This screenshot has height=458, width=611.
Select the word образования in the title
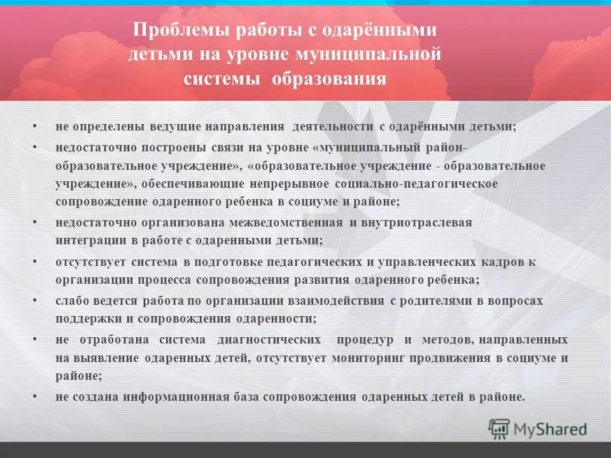(330, 78)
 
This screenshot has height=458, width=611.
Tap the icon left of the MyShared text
(500, 429)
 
